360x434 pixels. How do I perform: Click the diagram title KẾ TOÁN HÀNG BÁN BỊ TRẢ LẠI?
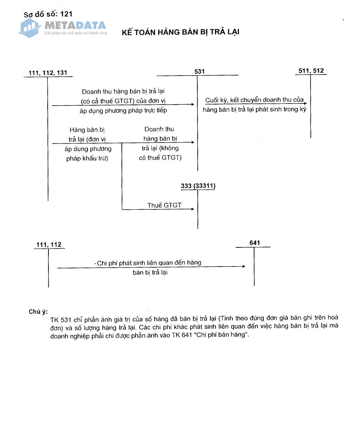coord(181,32)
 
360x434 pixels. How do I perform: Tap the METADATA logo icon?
coord(30,27)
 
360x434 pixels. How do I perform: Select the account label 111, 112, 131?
coord(48,73)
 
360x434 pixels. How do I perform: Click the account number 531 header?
coord(199,71)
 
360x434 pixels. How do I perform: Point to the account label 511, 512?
coord(311,71)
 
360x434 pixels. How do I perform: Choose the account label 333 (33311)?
coord(198,186)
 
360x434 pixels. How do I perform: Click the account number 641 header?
coord(254,243)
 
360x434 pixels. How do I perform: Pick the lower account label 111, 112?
coord(49,245)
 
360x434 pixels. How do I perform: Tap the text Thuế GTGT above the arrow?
coord(164,205)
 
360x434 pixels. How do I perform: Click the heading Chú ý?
coord(38,311)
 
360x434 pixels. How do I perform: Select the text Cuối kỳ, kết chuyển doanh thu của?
coord(254,100)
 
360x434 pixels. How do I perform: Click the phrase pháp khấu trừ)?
coord(87,158)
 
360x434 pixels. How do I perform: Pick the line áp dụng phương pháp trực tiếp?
coord(123,110)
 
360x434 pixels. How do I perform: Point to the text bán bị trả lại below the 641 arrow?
coord(150,272)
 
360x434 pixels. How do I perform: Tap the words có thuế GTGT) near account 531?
coord(160,157)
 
